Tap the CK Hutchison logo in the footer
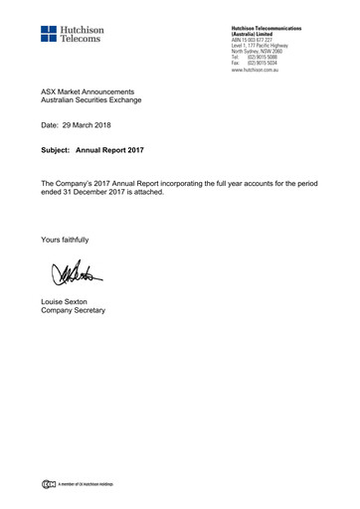pyautogui.click(x=48, y=484)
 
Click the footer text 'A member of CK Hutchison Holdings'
pyautogui.click(x=86, y=484)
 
